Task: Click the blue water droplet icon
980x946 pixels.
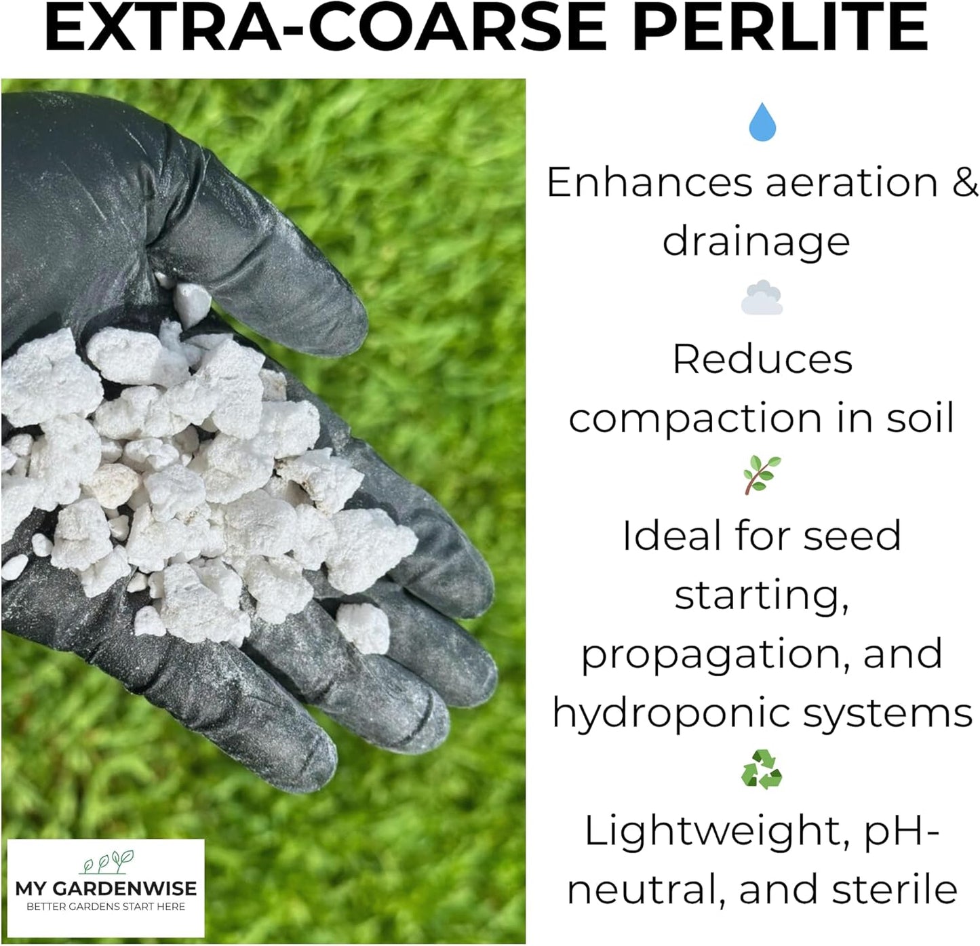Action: [x=762, y=122]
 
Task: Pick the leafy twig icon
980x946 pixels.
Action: [x=762, y=475]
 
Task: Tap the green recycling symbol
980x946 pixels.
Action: [x=762, y=769]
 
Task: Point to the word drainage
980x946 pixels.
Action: [x=756, y=242]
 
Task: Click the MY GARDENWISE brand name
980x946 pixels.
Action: [x=106, y=888]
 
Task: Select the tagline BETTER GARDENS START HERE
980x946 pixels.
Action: [x=106, y=907]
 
